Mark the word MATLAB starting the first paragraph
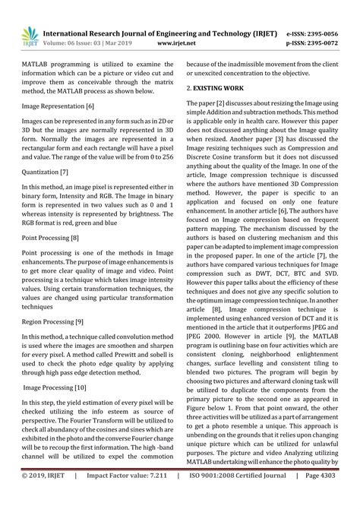point(37,68)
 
